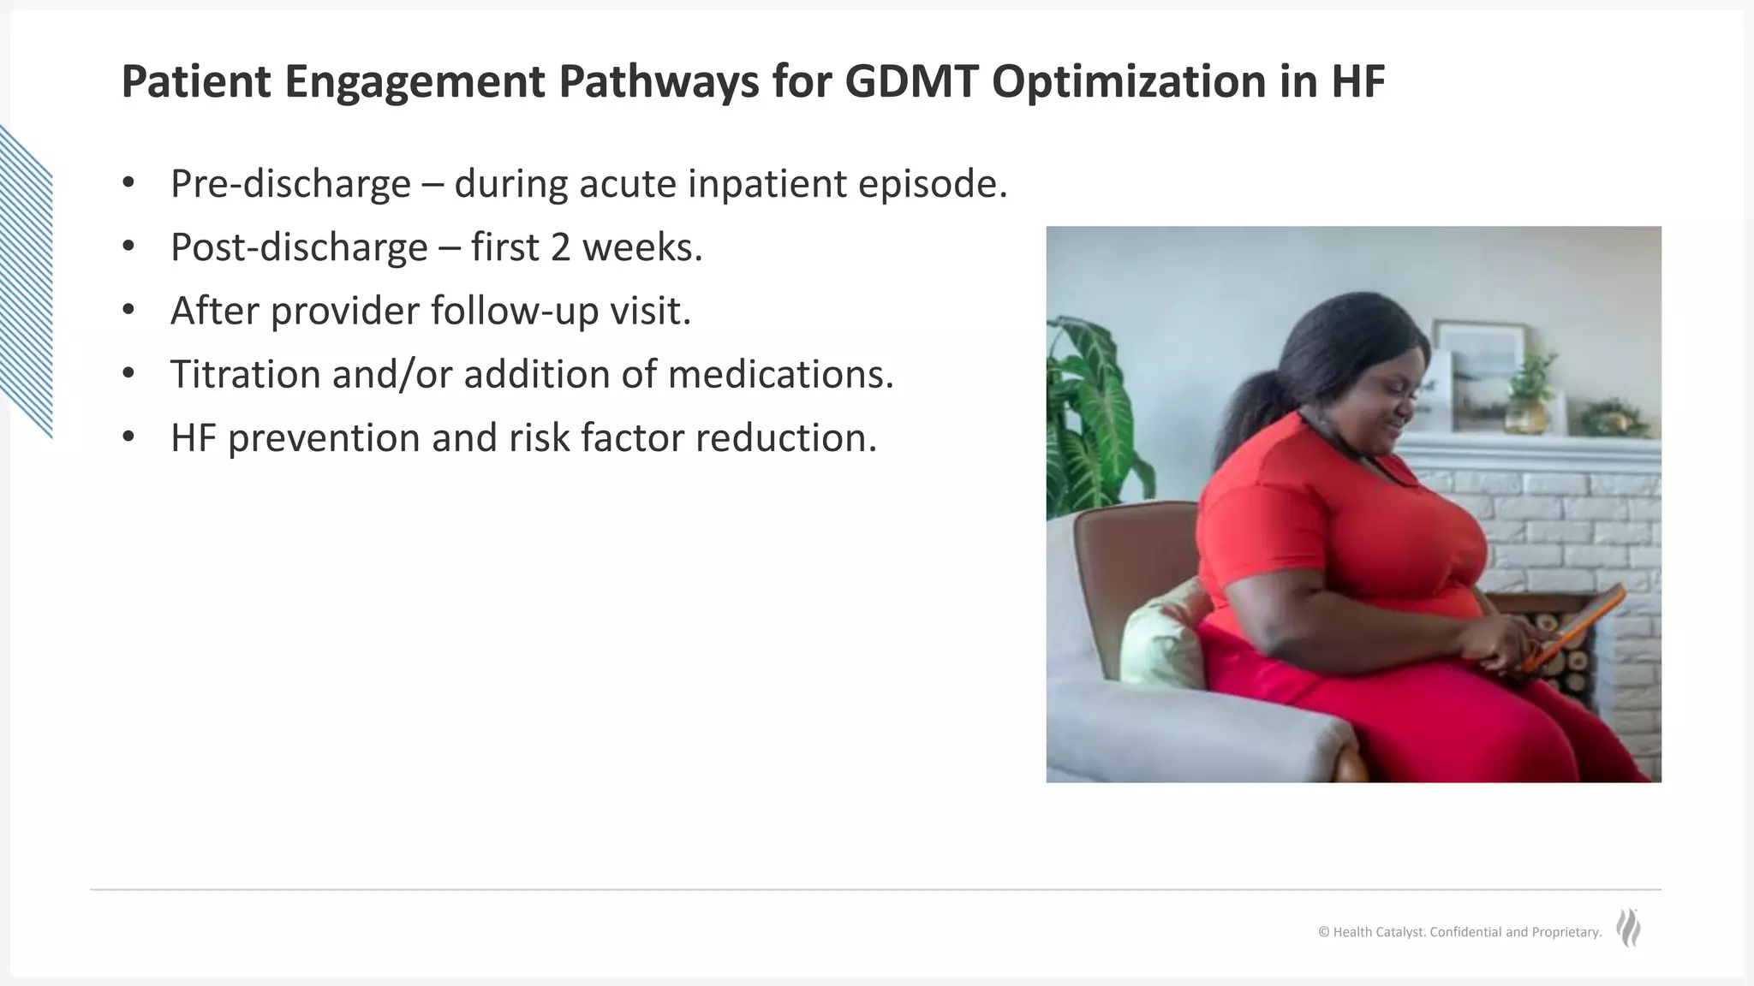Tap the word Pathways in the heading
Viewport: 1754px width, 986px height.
point(659,82)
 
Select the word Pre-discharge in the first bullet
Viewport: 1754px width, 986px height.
point(290,184)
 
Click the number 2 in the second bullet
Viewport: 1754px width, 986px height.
point(560,247)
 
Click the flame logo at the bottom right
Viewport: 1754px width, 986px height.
point(1629,928)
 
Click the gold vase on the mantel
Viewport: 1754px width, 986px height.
point(1526,414)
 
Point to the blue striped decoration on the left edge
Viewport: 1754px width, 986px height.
point(26,282)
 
